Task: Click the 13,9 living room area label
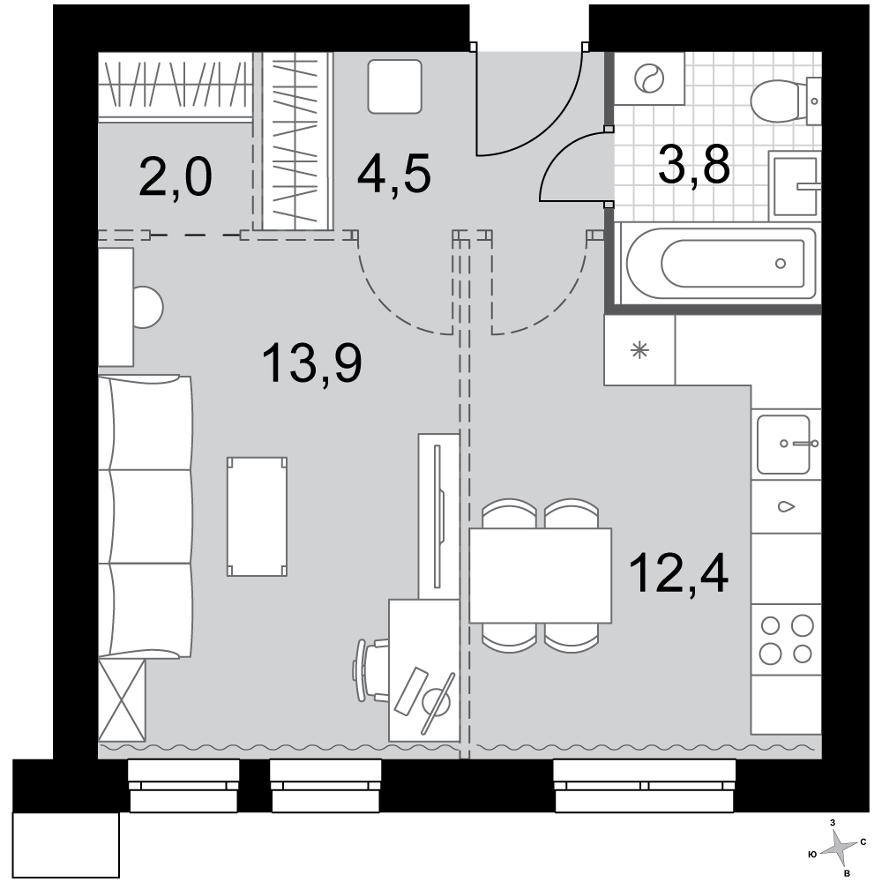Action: [311, 363]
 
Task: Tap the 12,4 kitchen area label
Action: [678, 573]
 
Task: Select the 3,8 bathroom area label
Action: [694, 164]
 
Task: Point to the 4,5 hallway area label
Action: [393, 174]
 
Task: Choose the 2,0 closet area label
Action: [175, 176]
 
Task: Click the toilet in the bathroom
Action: [785, 101]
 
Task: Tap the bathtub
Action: [721, 263]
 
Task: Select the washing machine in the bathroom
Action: [649, 78]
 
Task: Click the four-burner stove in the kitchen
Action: [786, 639]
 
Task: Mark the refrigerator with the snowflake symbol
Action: [639, 350]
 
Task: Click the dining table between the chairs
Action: [540, 575]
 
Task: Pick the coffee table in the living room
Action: [257, 516]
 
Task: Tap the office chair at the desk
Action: [371, 670]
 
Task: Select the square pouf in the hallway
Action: [395, 87]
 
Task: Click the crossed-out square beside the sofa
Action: [122, 700]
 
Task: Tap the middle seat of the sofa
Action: [146, 517]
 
